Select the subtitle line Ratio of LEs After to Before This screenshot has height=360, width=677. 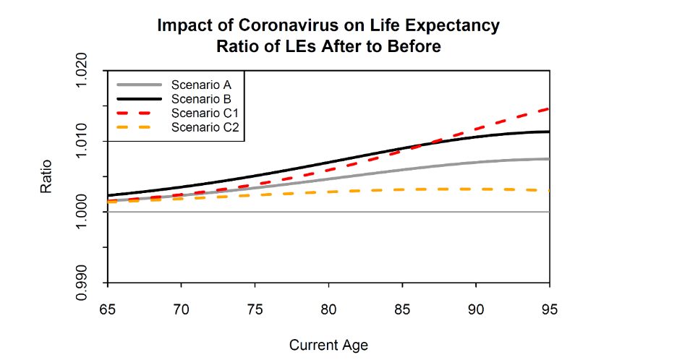pos(328,47)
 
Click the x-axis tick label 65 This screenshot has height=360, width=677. pos(108,309)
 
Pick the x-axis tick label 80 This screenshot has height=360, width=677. pos(328,309)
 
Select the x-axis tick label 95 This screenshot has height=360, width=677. pos(550,309)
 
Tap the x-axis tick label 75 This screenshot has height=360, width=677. pos(255,309)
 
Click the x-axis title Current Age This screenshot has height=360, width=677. pos(328,345)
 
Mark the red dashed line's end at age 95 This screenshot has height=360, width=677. pos(549,109)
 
